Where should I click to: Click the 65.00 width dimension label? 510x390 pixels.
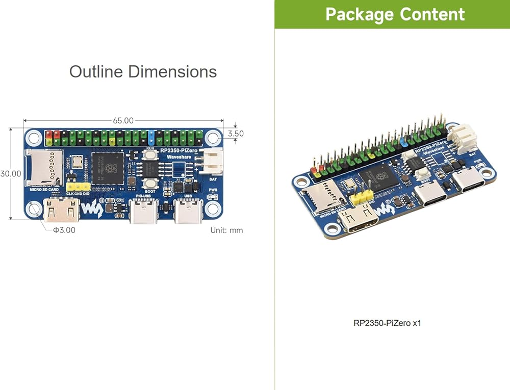(x=123, y=121)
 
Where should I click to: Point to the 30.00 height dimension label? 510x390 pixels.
(x=11, y=174)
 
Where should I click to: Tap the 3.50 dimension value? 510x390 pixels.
(x=236, y=134)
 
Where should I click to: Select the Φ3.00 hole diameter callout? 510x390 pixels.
(x=64, y=230)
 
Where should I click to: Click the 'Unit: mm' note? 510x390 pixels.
(x=226, y=230)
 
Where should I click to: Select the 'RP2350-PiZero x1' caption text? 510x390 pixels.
(x=388, y=323)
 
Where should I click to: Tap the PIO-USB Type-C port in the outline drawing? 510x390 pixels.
(x=143, y=212)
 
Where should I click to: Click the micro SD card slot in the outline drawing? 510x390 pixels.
(x=45, y=168)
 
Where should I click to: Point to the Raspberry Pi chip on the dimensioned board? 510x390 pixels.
(x=108, y=168)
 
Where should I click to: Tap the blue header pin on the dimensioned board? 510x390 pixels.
(x=151, y=136)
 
